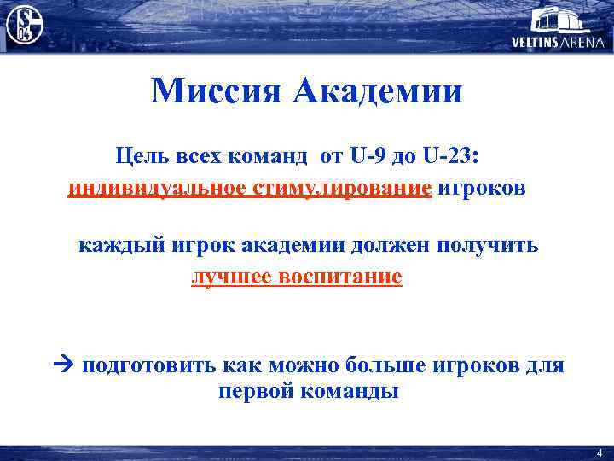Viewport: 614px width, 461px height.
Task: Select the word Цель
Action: tap(146, 156)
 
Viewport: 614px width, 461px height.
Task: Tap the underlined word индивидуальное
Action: tap(158, 187)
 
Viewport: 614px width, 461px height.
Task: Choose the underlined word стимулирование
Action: tap(343, 187)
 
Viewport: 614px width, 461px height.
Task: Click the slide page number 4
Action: tap(600, 452)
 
